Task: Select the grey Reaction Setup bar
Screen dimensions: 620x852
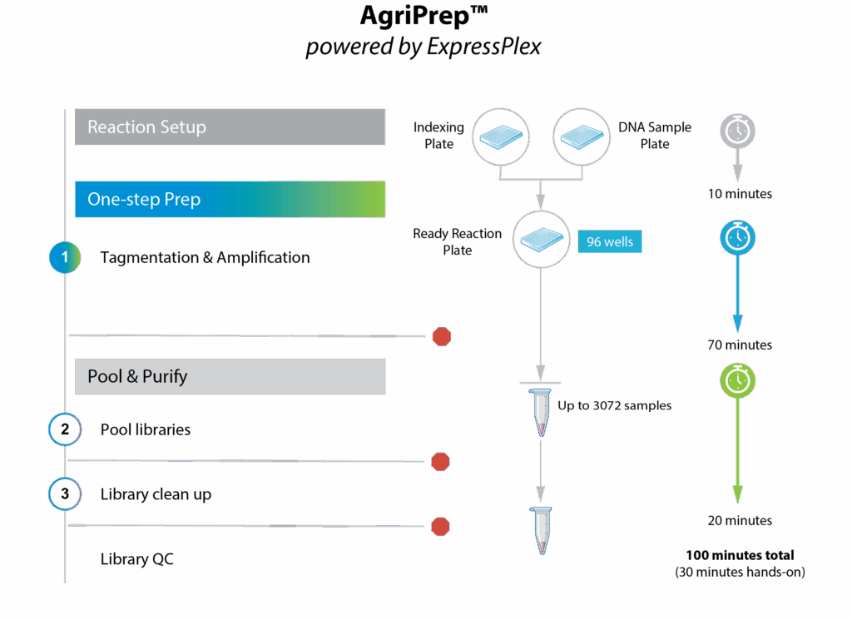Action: pos(230,127)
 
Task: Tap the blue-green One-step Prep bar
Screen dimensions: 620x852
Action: pos(230,200)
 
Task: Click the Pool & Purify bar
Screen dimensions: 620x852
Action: pos(230,376)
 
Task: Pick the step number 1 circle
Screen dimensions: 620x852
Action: pos(65,257)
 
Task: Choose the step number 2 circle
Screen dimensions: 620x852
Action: pos(65,429)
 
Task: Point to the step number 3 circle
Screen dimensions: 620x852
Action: pos(65,494)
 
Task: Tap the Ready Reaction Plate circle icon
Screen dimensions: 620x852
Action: pos(541,240)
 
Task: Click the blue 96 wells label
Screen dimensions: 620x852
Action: pos(610,242)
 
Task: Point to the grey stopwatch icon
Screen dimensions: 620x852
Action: pos(737,131)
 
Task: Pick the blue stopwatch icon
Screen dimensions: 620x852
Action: pos(737,239)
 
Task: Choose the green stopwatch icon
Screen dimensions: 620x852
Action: pos(737,379)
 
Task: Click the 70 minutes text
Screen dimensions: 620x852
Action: pos(740,345)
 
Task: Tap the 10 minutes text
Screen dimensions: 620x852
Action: pos(740,194)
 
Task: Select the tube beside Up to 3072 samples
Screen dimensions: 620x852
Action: pos(541,412)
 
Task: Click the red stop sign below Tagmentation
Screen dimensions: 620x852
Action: pos(442,336)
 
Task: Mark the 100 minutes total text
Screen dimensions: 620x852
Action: pos(740,555)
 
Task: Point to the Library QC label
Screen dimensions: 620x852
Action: pos(137,559)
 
